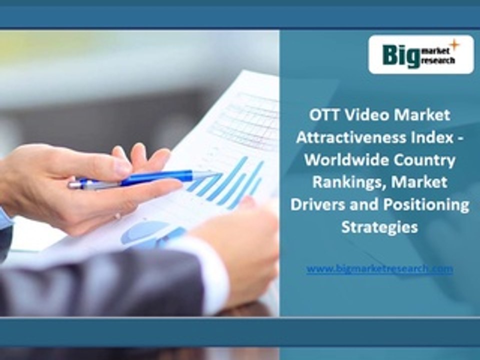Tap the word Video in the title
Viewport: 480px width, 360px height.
362,115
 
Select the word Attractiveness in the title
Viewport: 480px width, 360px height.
344,138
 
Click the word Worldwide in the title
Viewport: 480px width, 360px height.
340,160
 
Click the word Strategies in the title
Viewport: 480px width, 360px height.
379,227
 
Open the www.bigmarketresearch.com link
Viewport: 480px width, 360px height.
379,269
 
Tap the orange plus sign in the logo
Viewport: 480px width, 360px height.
454,45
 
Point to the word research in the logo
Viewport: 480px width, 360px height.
438,60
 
